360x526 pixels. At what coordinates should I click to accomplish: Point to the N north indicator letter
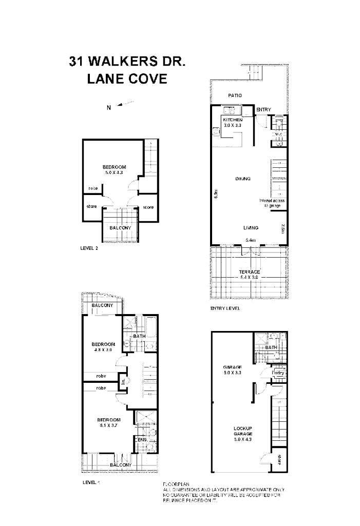coord(108,107)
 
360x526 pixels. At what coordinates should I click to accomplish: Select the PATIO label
coord(235,96)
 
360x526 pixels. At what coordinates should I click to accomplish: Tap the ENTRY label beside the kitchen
coord(263,110)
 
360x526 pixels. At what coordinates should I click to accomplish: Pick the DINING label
coord(243,179)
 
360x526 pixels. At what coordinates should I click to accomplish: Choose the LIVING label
coord(251,228)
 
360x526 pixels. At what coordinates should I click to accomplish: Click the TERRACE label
coord(250,272)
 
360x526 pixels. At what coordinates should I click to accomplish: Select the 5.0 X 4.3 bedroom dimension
coord(114,172)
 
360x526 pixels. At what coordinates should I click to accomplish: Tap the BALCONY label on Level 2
coord(120,228)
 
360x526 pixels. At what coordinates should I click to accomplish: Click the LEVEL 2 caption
coord(89,248)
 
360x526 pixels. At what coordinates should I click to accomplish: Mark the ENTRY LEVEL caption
coord(225,309)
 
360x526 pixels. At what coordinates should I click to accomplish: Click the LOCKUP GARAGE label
coord(243,431)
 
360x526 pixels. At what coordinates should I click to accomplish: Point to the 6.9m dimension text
coord(217,196)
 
